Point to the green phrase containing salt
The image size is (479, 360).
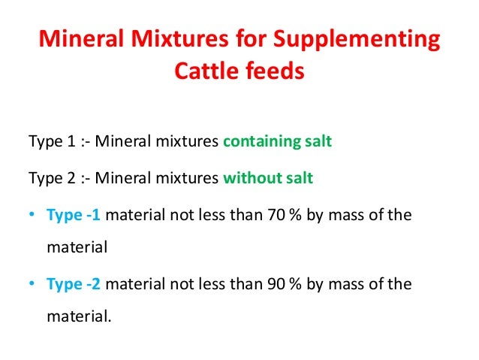pos(277,142)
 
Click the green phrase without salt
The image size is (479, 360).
pos(268,178)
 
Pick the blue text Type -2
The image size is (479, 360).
pos(74,284)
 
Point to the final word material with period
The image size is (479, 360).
pos(78,316)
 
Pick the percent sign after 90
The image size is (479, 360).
pos(288,284)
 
